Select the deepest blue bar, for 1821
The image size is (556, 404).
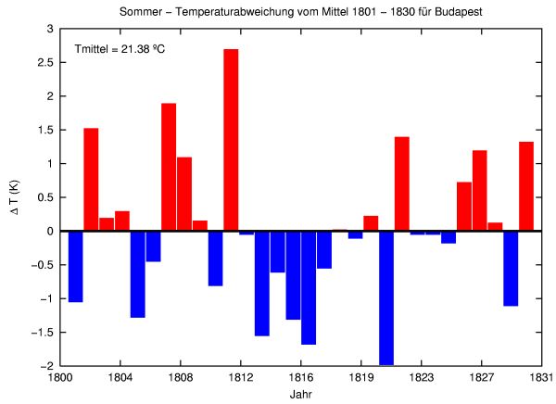point(386,297)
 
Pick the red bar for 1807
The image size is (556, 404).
point(169,167)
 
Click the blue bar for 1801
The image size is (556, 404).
point(76,266)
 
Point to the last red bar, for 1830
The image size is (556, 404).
point(526,186)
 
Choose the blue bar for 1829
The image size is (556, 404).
point(511,268)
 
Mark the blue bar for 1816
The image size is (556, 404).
point(309,287)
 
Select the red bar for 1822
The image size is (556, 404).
point(402,183)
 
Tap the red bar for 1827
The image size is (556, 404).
point(480,190)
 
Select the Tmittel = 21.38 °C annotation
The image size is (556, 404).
point(120,47)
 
